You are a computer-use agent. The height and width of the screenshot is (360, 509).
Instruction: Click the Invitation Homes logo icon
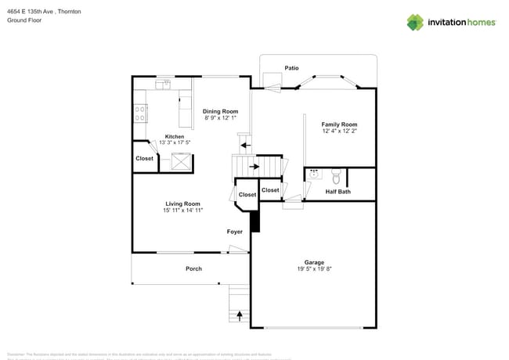point(415,22)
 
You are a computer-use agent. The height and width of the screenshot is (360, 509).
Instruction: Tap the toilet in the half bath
point(337,175)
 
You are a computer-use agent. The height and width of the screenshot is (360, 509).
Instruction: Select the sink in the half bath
point(314,174)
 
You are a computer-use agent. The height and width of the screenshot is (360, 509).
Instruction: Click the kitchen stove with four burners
point(141,114)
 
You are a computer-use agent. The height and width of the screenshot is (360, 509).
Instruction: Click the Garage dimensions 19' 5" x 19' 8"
point(314,269)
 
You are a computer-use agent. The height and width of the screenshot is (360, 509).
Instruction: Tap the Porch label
point(193,268)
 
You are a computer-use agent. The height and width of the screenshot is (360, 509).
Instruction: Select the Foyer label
point(235,232)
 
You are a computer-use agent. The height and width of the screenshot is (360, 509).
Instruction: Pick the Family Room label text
point(339,124)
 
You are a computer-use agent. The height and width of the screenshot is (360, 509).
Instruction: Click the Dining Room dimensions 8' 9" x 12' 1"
point(221,118)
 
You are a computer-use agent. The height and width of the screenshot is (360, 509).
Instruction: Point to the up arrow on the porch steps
point(240,316)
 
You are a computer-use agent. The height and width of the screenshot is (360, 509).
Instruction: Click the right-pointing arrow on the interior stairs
point(254,166)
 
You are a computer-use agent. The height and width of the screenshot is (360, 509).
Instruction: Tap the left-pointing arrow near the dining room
point(245,145)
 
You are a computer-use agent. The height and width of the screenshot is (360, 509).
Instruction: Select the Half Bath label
point(338,192)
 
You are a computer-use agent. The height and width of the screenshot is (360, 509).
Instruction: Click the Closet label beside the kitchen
point(145,158)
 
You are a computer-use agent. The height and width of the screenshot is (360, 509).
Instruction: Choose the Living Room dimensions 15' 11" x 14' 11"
point(183,211)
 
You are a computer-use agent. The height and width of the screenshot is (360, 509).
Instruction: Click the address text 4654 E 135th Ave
point(32,12)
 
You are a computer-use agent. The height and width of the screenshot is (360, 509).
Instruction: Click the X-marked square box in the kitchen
point(181,161)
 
